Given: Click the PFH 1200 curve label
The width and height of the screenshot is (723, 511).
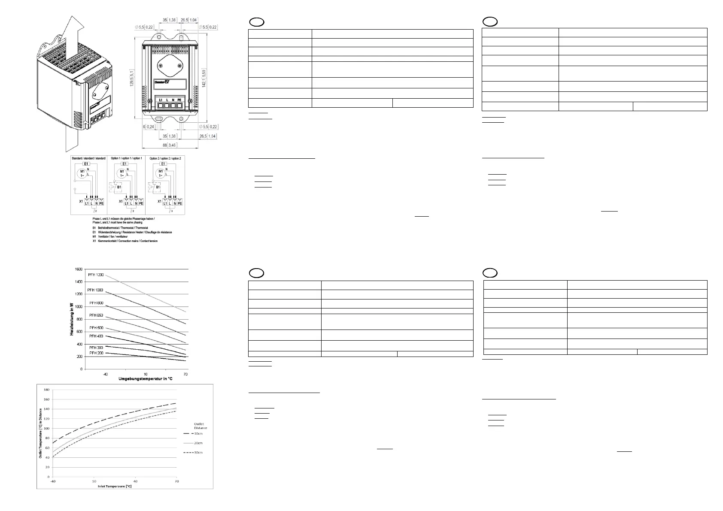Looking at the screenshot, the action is [x=96, y=275].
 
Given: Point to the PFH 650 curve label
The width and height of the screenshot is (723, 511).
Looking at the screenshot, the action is [x=96, y=315].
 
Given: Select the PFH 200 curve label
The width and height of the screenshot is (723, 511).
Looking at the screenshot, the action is [x=96, y=353].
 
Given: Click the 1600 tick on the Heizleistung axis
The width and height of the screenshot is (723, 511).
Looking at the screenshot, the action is [x=78, y=269].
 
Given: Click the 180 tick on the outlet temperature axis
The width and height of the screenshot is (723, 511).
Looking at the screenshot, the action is [x=45, y=390].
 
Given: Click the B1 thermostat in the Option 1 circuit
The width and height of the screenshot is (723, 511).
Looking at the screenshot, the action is [x=120, y=187].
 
